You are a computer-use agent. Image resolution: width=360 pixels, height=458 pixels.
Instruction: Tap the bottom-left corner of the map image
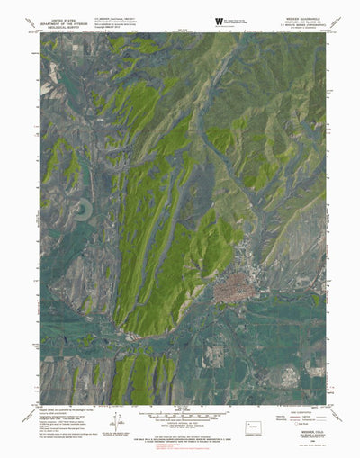(x=40, y=405)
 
